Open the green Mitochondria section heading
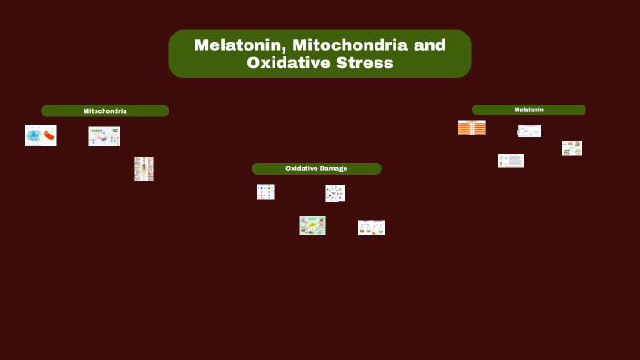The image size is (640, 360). [105, 111]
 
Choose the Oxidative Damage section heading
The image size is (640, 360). [316, 168]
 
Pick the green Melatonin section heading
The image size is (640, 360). [528, 110]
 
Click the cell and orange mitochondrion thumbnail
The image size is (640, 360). [41, 135]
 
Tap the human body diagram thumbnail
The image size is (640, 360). [144, 169]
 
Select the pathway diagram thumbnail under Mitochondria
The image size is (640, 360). [104, 136]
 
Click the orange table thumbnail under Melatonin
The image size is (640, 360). [472, 127]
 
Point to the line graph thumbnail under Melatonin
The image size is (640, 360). [529, 132]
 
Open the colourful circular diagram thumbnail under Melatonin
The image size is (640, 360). [571, 148]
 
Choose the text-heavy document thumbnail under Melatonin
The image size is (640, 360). [511, 161]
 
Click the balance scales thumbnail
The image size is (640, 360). [371, 227]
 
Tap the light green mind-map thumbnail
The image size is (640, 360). [313, 225]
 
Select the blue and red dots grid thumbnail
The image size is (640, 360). [265, 192]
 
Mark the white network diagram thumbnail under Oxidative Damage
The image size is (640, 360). [335, 194]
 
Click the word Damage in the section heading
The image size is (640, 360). [332, 168]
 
